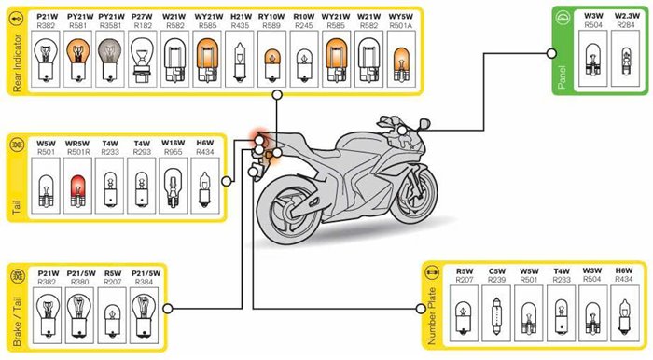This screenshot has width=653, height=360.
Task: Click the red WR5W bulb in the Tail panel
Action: point(77,191)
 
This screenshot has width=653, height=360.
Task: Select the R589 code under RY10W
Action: point(271,26)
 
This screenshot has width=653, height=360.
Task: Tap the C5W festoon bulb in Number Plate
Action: point(496,316)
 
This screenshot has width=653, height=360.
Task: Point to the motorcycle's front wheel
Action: point(413,195)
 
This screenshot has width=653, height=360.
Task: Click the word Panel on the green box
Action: point(562,77)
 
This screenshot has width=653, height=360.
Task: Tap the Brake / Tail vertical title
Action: point(17,321)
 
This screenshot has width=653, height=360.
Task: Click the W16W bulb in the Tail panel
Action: point(173,187)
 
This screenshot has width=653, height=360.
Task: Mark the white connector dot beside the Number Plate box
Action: point(421,309)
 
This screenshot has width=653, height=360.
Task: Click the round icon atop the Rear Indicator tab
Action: point(17,20)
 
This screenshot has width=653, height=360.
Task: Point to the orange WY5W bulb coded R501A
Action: point(401,64)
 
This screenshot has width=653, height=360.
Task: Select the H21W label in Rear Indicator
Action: point(241,17)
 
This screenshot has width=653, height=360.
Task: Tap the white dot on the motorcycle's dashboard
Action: point(402,131)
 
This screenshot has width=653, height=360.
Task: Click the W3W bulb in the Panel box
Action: point(593,60)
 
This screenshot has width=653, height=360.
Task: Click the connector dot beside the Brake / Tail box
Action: point(168,309)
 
